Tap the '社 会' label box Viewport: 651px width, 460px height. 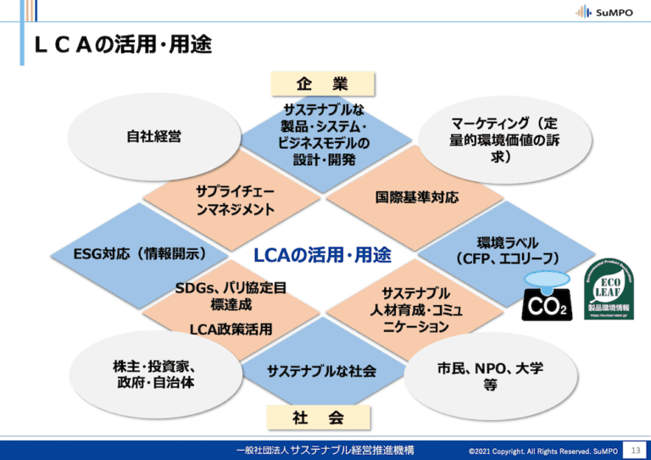(x=319, y=417)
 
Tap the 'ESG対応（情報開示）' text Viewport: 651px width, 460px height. (x=140, y=252)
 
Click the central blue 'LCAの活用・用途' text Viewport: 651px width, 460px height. (x=322, y=253)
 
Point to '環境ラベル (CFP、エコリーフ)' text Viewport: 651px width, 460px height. (x=507, y=250)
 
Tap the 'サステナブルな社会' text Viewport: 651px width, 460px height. (x=321, y=371)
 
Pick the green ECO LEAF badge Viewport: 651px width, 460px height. (x=609, y=289)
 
